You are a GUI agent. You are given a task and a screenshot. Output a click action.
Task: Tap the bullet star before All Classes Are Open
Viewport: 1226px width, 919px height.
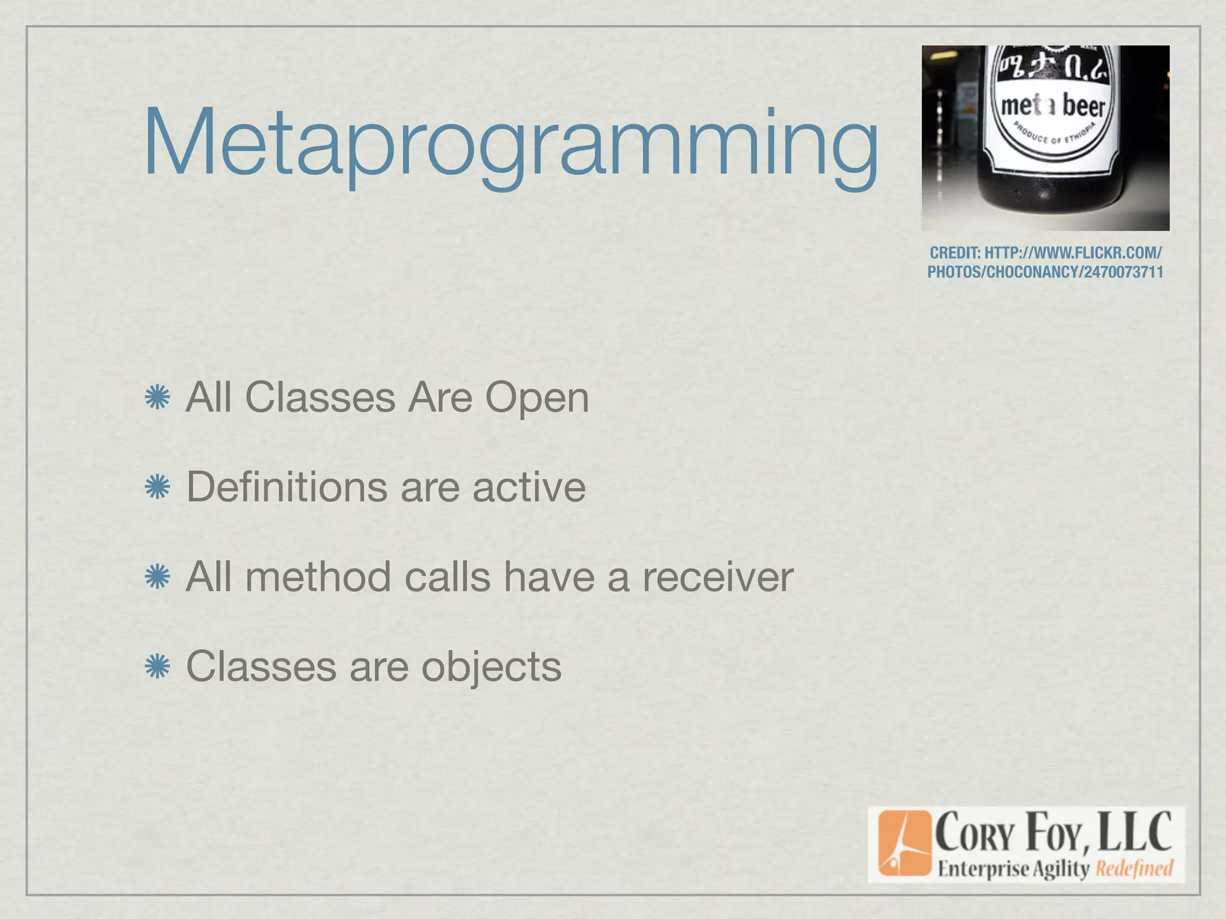157,397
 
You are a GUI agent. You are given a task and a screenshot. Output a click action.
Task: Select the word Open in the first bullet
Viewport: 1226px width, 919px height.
537,397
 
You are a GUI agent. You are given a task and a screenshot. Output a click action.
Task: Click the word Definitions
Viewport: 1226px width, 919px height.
287,486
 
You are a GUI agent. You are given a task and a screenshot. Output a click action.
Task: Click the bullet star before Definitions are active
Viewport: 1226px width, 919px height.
157,488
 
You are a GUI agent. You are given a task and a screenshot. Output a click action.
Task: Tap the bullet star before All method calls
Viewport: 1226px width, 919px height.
157,577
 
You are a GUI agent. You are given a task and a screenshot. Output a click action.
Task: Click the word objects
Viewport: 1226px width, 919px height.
491,667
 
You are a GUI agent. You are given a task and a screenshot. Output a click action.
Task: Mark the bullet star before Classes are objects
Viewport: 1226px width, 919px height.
157,667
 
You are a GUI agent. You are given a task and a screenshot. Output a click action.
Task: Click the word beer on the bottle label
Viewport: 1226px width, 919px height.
1083,106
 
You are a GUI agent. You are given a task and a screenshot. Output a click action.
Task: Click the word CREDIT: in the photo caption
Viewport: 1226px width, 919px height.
955,253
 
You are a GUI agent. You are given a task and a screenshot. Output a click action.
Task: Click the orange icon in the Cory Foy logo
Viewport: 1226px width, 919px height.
905,843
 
